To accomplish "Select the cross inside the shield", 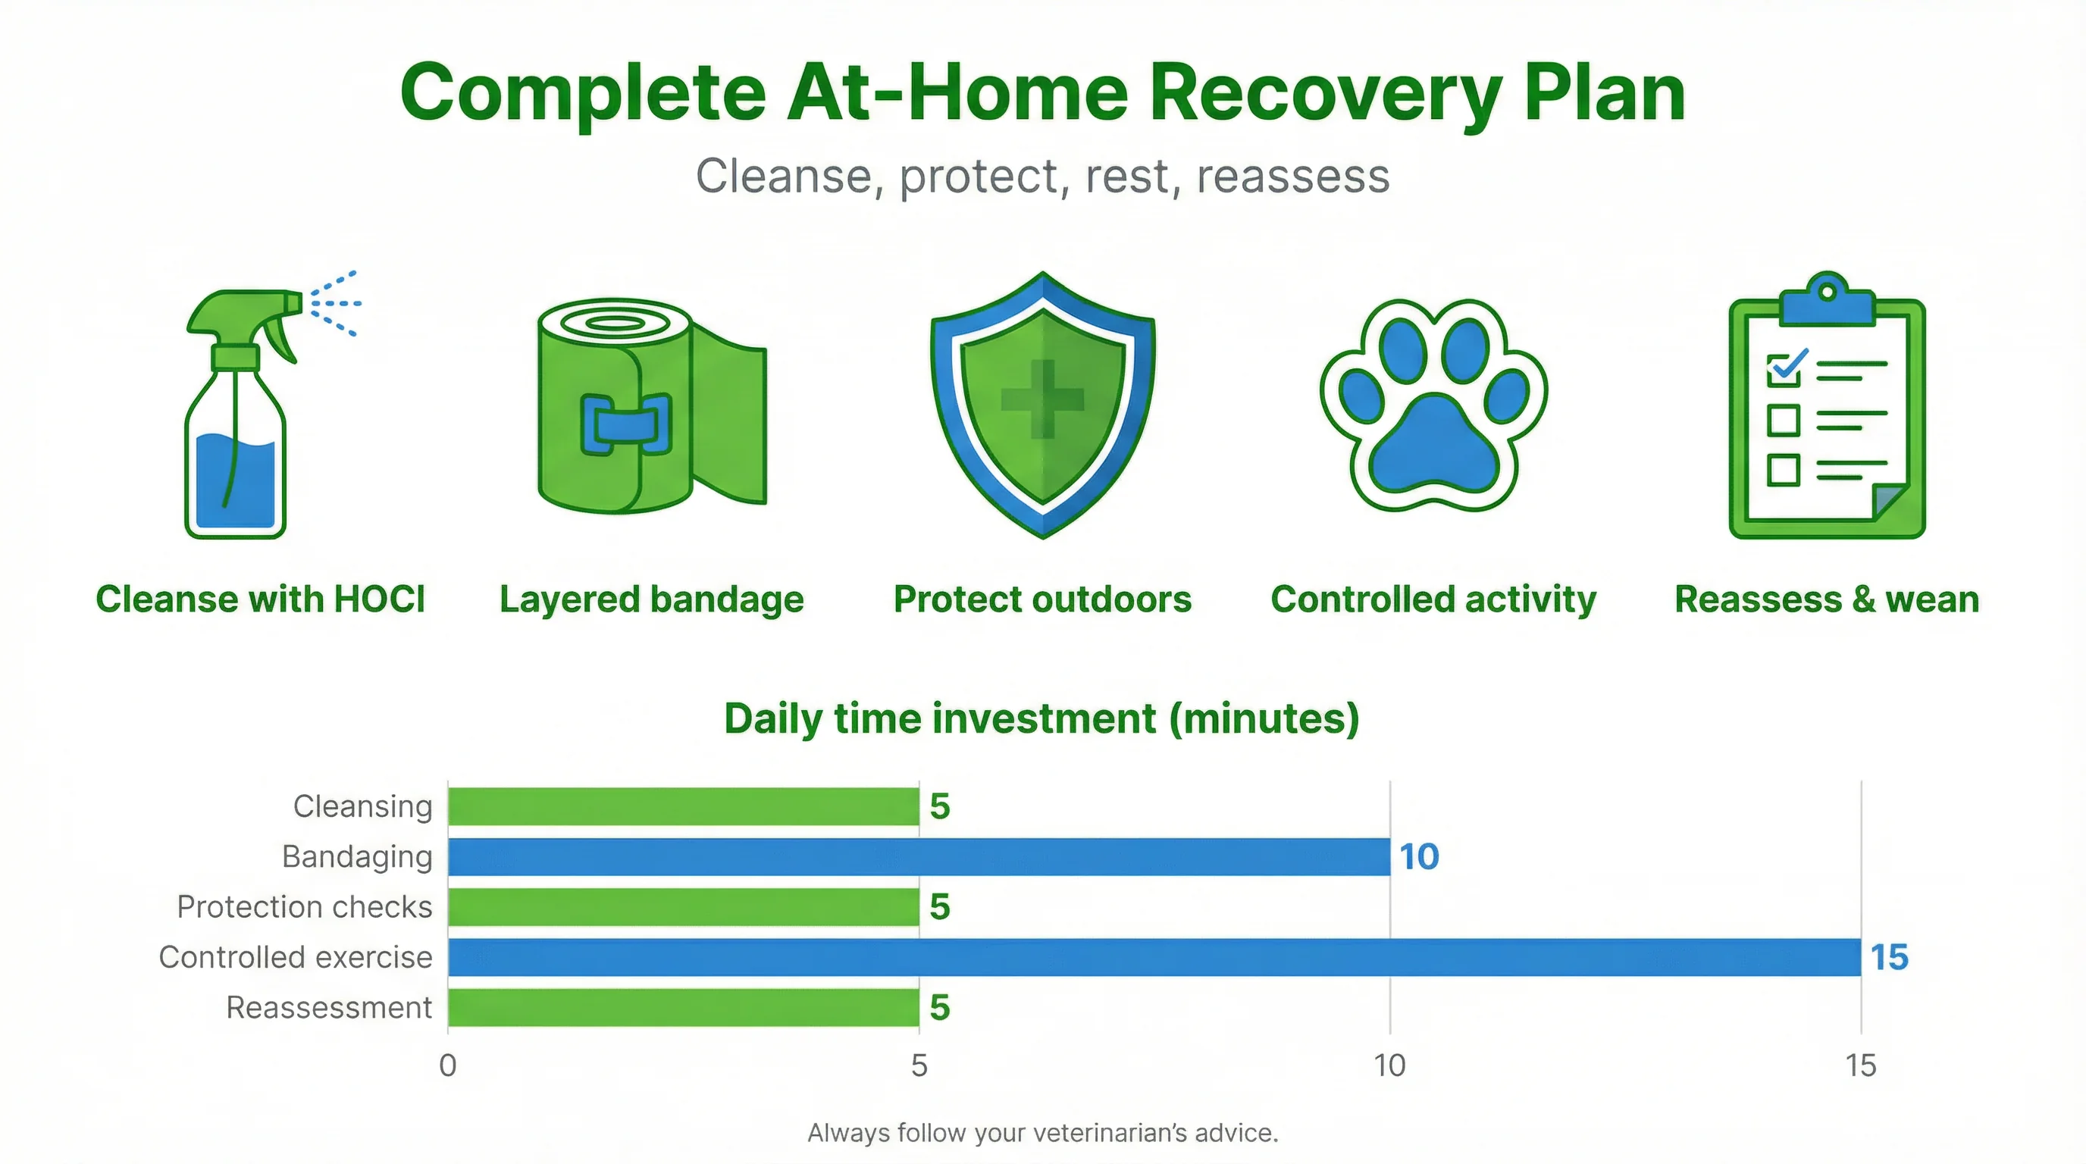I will (1043, 399).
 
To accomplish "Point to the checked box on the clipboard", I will (1783, 370).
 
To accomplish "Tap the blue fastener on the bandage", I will (625, 424).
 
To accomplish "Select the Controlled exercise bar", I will (1154, 957).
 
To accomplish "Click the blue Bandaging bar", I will (918, 856).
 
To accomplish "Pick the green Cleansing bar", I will (683, 806).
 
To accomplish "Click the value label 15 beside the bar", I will (1888, 958).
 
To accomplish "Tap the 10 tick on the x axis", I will (1389, 1065).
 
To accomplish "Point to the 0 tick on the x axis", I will (448, 1065).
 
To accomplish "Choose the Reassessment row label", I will (329, 1008).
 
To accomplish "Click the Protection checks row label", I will (305, 907).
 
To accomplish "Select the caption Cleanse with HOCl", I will (260, 599).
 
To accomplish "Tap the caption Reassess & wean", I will (1827, 599).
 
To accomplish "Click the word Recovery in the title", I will (1325, 93).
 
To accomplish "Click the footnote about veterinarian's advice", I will (1042, 1132).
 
